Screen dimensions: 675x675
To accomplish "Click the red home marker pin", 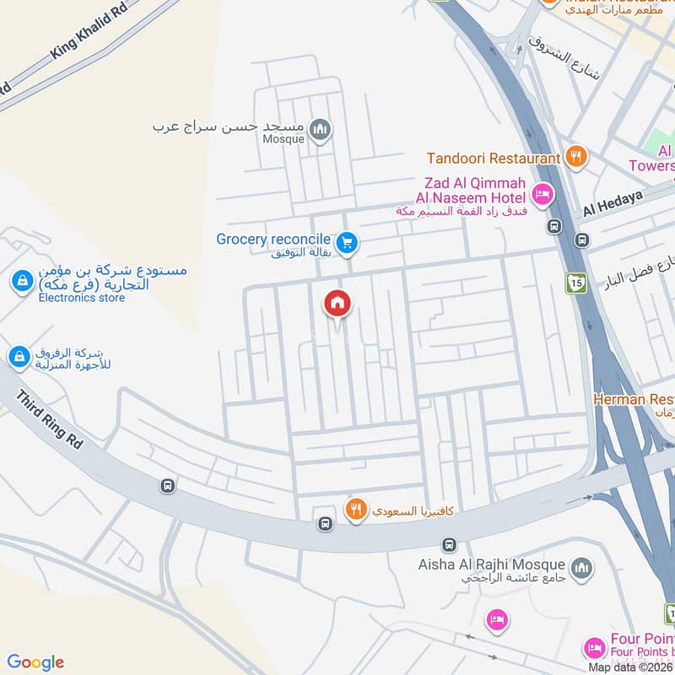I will tap(337, 303).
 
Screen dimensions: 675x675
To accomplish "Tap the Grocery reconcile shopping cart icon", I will tap(346, 244).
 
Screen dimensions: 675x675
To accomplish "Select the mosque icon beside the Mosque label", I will tap(320, 130).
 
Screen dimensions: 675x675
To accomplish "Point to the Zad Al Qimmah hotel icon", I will tap(542, 195).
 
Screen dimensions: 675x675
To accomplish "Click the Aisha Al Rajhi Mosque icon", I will tap(580, 570).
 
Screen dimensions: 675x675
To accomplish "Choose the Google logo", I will tap(35, 662).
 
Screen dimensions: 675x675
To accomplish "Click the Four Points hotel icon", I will tap(593, 648).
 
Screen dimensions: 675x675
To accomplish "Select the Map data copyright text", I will tap(631, 667).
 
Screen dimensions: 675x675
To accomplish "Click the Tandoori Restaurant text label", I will tap(494, 158).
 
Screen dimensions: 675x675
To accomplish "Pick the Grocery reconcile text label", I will tap(273, 239).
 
